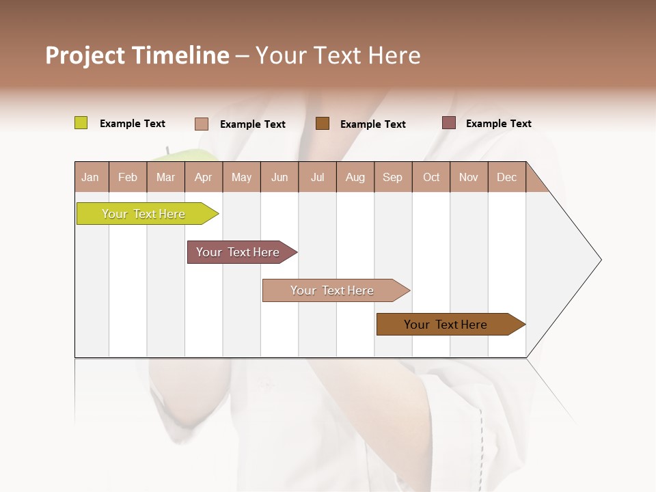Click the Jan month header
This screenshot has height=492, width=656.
(x=91, y=177)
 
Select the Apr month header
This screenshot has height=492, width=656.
(x=203, y=177)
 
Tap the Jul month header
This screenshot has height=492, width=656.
(x=317, y=177)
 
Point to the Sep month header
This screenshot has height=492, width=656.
(x=392, y=177)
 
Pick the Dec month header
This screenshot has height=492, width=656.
(x=506, y=177)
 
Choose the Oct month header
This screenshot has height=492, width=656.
(x=431, y=177)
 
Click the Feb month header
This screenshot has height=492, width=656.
(x=128, y=177)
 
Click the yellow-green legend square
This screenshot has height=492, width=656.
(x=81, y=123)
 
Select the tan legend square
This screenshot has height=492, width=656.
(x=201, y=124)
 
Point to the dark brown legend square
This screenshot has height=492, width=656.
(x=323, y=123)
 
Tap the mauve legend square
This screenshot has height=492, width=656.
(x=448, y=123)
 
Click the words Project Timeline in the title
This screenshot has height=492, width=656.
(x=137, y=55)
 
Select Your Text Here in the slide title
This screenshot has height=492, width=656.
(x=338, y=55)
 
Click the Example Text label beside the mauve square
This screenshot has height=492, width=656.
(x=498, y=124)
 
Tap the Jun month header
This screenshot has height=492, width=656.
(x=279, y=177)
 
